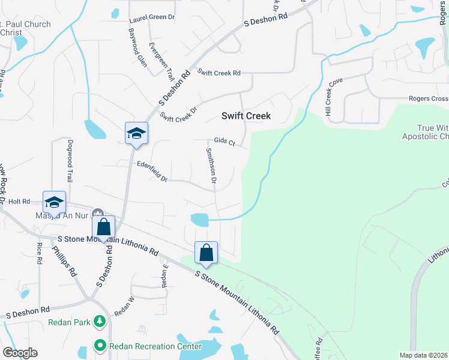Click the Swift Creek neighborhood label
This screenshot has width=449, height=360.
tap(246, 116)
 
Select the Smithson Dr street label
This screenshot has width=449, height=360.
tap(211, 166)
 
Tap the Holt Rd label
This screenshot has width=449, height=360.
tap(19, 202)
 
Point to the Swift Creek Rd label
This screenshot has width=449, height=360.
tap(219, 73)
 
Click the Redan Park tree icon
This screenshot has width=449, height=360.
tap(100, 322)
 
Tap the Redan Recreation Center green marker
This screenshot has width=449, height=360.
tap(100, 346)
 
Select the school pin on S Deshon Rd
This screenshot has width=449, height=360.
tap(136, 133)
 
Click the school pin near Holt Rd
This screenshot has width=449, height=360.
tap(54, 202)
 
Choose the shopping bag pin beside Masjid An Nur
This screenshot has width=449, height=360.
tap(103, 227)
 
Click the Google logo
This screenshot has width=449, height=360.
tap(20, 353)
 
